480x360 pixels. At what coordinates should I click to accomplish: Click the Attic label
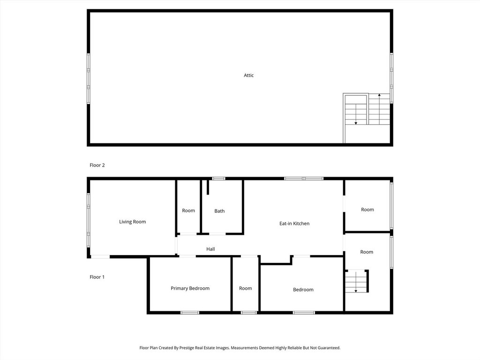click(x=248, y=75)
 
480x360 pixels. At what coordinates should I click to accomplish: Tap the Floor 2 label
click(x=97, y=165)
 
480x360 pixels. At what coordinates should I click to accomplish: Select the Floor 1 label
click(x=97, y=277)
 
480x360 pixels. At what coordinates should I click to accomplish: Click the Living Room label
click(x=133, y=222)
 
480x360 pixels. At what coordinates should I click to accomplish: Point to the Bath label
click(x=219, y=211)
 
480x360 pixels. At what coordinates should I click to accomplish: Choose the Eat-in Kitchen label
click(x=294, y=224)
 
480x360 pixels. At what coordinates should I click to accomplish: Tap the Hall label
click(x=210, y=249)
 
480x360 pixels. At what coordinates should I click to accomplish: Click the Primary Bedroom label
click(x=190, y=288)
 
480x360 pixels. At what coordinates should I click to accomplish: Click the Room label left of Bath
click(x=188, y=210)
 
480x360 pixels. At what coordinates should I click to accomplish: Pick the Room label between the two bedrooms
click(x=246, y=288)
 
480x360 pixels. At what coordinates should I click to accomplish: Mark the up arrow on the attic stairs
click(x=379, y=109)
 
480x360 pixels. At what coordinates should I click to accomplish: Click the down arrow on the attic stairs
click(x=356, y=114)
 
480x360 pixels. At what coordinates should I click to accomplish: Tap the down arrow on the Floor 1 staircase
click(x=356, y=282)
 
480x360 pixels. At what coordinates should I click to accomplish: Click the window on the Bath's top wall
click(x=219, y=179)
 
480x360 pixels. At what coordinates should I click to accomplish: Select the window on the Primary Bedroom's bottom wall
click(x=190, y=313)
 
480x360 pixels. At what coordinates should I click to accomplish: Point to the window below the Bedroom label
click(x=304, y=313)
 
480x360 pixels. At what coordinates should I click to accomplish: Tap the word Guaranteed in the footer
click(x=329, y=348)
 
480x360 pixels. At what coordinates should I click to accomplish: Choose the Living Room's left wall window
click(x=89, y=220)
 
